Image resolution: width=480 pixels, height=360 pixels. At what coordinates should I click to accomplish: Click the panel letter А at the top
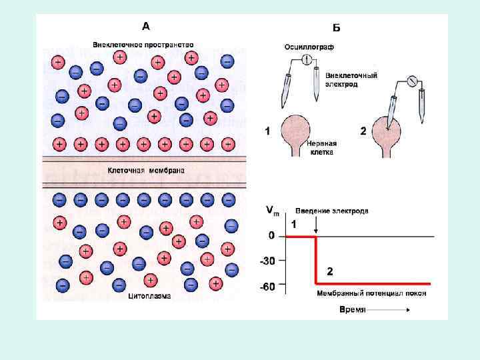(146, 27)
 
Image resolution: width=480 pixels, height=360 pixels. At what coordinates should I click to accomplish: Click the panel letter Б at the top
(336, 27)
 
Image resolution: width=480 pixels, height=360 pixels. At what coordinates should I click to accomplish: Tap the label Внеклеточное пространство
(143, 44)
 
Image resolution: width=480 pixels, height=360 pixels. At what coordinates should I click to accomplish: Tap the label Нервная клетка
(320, 147)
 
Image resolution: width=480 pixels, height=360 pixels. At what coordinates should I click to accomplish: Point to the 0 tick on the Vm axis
(271, 236)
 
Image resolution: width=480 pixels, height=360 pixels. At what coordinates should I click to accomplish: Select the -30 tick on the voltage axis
(267, 261)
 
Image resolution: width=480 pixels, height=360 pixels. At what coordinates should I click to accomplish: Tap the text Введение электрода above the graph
(332, 211)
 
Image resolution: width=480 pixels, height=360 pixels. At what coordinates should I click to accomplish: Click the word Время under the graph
(352, 310)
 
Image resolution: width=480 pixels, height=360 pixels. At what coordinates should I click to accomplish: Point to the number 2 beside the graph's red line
(329, 271)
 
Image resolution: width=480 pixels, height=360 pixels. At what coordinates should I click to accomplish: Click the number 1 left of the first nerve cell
(267, 131)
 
